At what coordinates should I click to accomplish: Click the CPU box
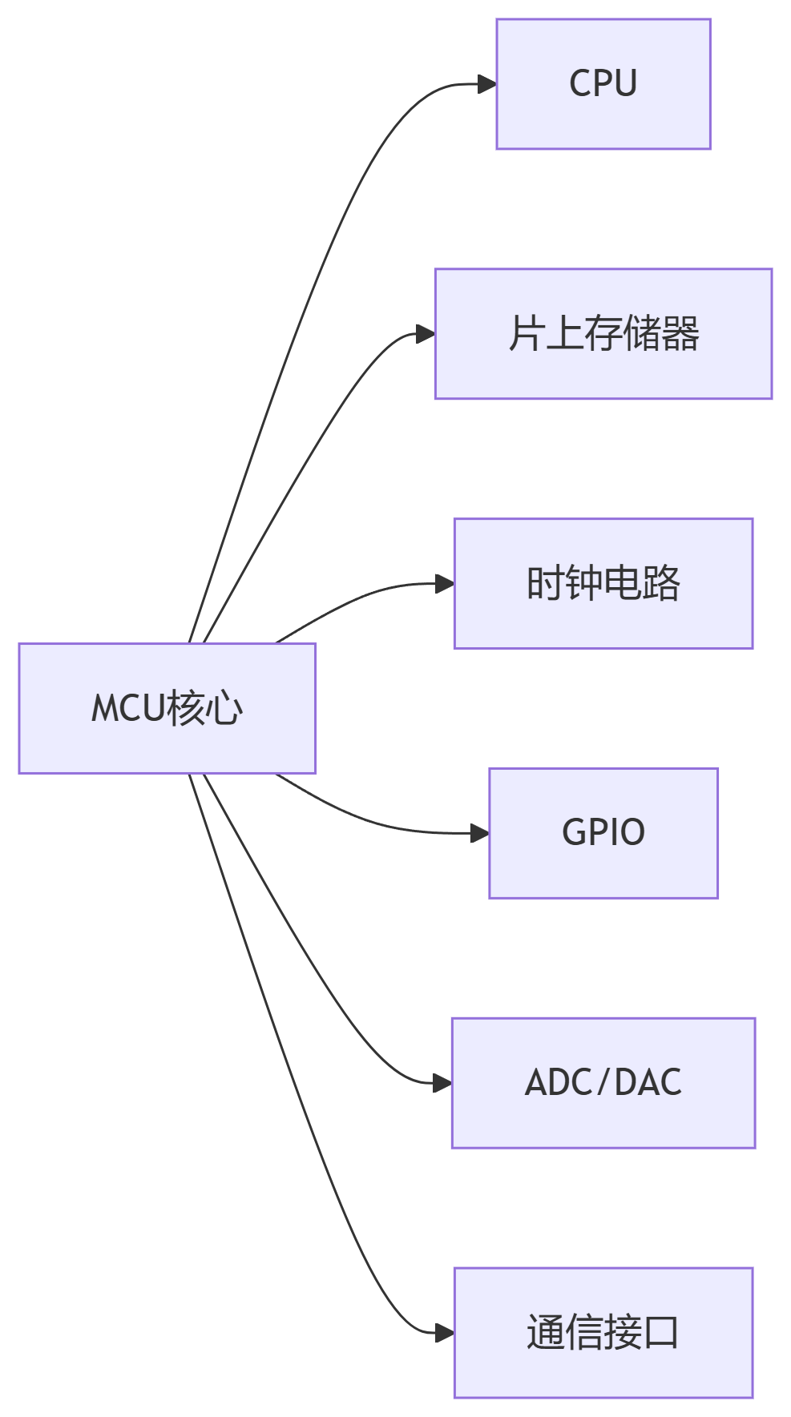(x=603, y=84)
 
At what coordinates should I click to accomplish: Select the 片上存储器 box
(x=603, y=334)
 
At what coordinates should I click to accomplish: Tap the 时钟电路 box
(x=603, y=584)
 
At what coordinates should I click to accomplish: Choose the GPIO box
(x=603, y=833)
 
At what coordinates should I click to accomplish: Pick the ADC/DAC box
(x=603, y=1083)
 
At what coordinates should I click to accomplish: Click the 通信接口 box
(x=603, y=1333)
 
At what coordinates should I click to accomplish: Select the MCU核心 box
(x=167, y=708)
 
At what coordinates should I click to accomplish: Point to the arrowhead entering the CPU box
(x=487, y=84)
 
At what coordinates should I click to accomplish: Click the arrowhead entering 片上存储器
(x=426, y=334)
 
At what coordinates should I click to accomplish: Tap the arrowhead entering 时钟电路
(x=445, y=584)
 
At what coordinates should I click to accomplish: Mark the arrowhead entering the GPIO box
(x=480, y=833)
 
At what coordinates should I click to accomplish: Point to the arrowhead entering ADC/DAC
(x=442, y=1083)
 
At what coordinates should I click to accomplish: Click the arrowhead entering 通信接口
(x=445, y=1333)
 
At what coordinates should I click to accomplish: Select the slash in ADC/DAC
(x=603, y=1083)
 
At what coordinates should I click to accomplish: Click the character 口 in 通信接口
(x=660, y=1333)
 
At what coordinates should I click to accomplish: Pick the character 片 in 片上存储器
(x=526, y=334)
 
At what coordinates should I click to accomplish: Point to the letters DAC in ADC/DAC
(x=648, y=1083)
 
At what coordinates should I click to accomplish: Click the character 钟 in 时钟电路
(x=583, y=584)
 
